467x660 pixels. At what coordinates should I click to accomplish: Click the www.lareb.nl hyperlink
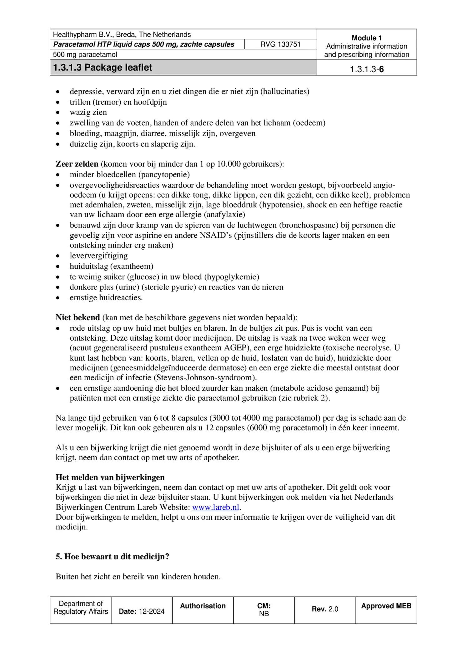tap(216, 507)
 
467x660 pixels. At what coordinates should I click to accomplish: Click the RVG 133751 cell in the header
tap(280, 44)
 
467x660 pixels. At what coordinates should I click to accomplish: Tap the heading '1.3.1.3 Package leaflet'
tap(103, 67)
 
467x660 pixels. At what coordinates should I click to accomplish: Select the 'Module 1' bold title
tap(367, 38)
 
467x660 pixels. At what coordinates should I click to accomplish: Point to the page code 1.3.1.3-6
tap(367, 69)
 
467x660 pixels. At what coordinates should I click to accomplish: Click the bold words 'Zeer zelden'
tap(77, 164)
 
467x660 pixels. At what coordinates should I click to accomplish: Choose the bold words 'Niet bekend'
tap(78, 317)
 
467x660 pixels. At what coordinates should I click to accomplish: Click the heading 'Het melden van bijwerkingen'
tap(110, 477)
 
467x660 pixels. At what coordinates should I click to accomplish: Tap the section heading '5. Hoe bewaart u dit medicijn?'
tap(112, 557)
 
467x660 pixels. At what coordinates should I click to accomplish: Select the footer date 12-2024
tap(152, 611)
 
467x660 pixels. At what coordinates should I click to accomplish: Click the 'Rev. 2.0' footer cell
tap(325, 609)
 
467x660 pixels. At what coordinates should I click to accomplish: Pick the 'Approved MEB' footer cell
tap(386, 606)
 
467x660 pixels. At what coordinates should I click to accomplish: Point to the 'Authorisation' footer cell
tap(203, 606)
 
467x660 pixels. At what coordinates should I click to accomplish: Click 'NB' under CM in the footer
tap(264, 614)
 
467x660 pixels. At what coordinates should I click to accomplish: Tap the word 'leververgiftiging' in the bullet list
tap(99, 256)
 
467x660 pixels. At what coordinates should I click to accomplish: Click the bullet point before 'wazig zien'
tap(58, 113)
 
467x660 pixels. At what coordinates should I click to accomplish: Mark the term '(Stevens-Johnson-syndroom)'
tap(205, 377)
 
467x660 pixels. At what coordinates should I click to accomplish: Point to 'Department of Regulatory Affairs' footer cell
tap(81, 607)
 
